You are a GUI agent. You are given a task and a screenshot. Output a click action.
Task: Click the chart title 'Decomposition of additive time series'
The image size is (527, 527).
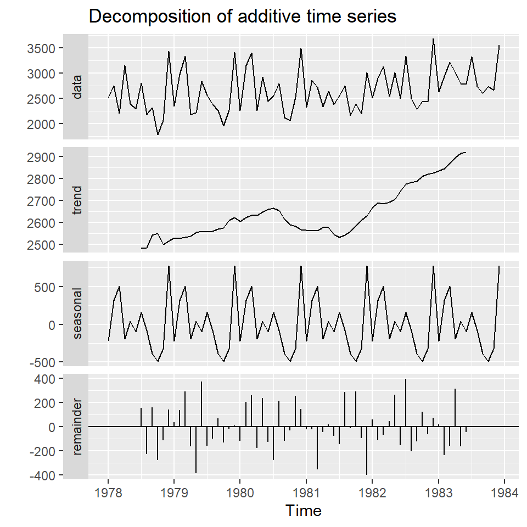point(242,17)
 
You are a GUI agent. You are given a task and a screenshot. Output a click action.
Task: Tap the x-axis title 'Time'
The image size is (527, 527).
point(304,511)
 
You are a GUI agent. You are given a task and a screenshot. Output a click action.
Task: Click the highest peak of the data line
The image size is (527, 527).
point(433,39)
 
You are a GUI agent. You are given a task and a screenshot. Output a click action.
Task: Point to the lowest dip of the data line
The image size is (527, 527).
point(158,134)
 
